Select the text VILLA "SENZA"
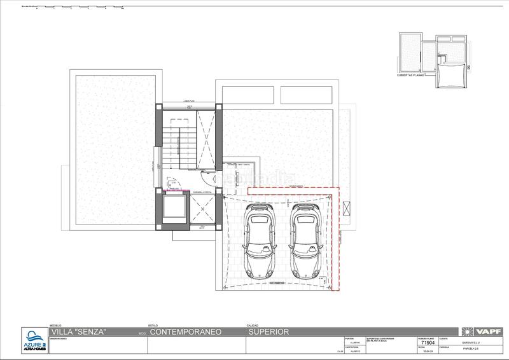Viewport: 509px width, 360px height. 78,332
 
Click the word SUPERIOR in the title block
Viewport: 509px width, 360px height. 268,332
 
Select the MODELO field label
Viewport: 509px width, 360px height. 53,324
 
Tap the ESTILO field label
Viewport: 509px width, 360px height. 153,324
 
